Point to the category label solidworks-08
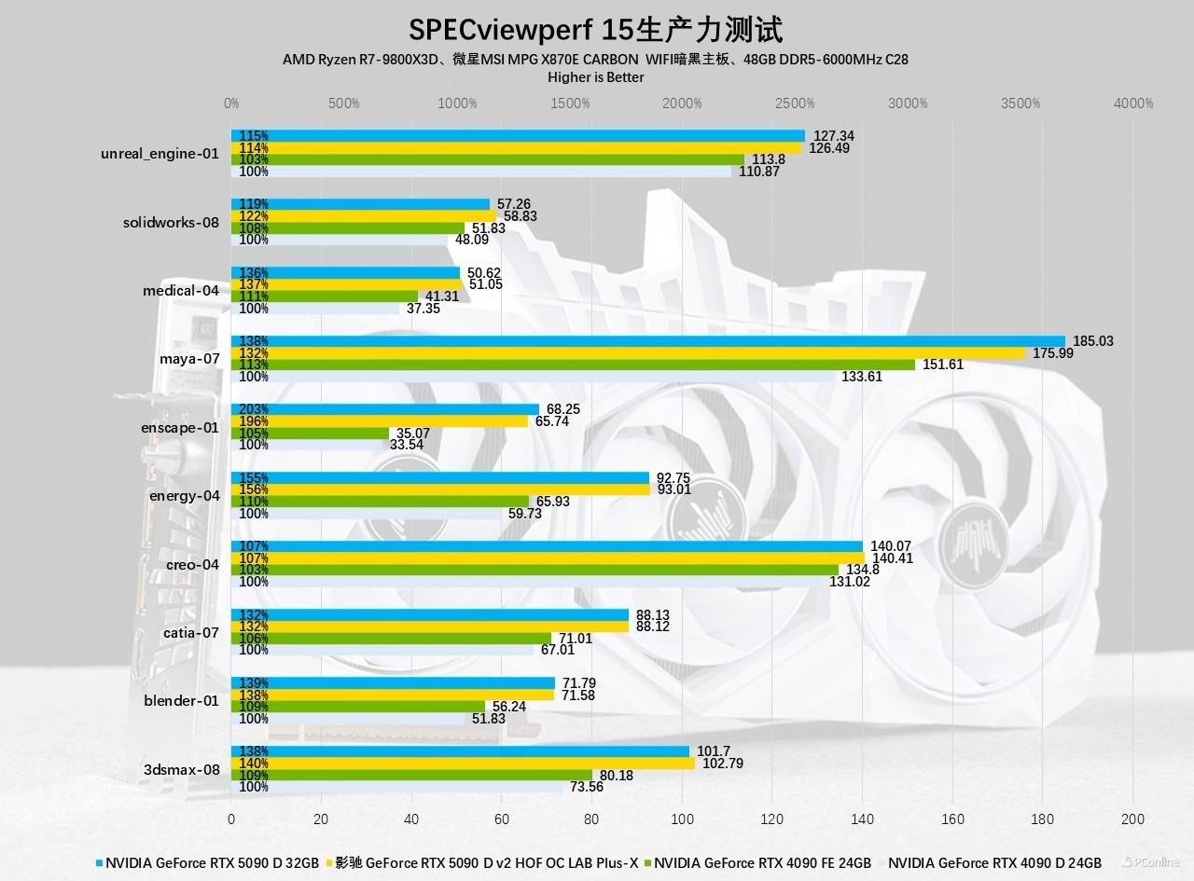click(171, 222)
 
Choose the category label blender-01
click(181, 700)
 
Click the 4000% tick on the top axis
click(1133, 103)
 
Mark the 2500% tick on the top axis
click(795, 103)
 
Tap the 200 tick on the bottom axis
click(1132, 819)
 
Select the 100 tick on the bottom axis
click(682, 819)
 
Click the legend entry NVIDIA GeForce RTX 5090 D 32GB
click(214, 862)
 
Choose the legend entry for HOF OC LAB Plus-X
click(485, 862)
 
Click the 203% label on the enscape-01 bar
click(254, 409)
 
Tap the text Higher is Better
click(595, 77)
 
